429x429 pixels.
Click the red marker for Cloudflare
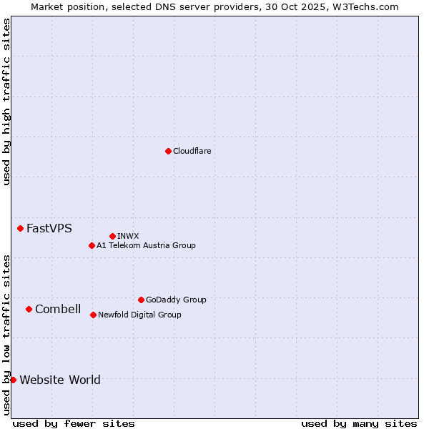point(168,151)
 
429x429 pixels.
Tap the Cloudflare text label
point(192,151)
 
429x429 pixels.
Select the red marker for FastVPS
point(20,228)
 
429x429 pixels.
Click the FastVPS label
point(49,229)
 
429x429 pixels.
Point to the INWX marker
point(112,236)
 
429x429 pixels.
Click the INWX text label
point(128,236)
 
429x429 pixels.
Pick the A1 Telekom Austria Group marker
point(92,245)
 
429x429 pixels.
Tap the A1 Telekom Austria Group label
point(146,245)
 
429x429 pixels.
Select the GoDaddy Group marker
point(141,300)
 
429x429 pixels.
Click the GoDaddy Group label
point(176,300)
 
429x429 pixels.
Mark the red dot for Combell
point(29,309)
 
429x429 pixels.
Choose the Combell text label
point(58,309)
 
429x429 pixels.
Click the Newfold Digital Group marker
point(93,315)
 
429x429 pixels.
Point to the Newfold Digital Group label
point(139,315)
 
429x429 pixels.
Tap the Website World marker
point(13,380)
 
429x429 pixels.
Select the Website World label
point(60,380)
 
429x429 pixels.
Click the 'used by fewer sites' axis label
point(74,423)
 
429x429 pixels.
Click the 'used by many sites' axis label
point(359,423)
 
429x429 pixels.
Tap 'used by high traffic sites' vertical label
point(6,102)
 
